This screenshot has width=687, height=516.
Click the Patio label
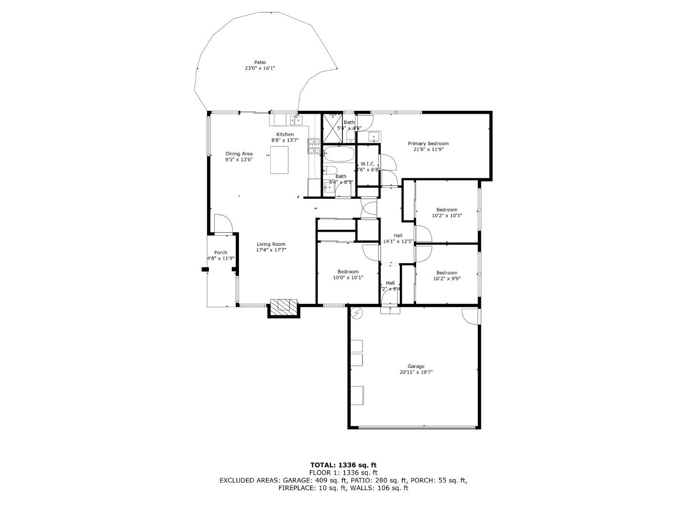260,63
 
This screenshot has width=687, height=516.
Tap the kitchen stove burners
314,146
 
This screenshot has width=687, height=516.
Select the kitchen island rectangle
280,160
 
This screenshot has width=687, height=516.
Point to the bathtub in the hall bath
339,154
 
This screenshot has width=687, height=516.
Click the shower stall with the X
333,128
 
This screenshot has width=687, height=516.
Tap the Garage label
416,366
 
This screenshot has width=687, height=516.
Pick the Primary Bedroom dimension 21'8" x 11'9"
428,150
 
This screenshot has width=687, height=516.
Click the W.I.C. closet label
367,164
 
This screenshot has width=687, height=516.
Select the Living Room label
271,244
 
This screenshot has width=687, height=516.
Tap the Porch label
220,253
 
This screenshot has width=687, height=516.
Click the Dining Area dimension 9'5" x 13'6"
239,160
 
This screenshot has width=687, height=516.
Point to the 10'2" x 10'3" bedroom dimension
447,215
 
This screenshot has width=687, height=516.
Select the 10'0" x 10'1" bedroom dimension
348,278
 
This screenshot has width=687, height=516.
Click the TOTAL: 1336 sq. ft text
343,464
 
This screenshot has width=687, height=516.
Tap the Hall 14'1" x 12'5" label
397,238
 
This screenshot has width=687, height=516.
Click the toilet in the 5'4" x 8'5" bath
331,171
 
